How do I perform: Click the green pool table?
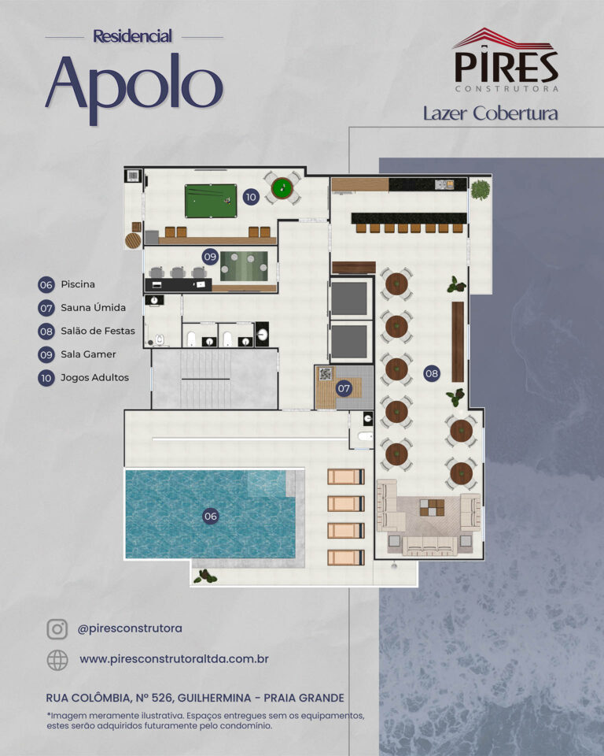click(211, 201)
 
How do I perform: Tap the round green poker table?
click(282, 187)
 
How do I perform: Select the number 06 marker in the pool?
click(211, 517)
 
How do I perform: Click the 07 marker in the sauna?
click(344, 388)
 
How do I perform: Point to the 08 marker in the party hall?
click(432, 372)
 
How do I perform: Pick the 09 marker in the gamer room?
click(210, 257)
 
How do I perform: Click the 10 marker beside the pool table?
click(251, 197)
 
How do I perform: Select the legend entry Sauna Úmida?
click(93, 308)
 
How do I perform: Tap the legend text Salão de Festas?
click(98, 331)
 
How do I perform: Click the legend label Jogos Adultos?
click(95, 377)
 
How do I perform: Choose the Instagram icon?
click(57, 629)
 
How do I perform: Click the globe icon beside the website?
click(57, 660)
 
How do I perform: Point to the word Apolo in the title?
click(134, 87)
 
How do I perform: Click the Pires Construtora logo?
click(506, 60)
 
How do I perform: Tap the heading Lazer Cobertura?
click(490, 113)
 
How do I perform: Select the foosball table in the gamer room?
click(245, 265)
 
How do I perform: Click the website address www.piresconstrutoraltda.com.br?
click(174, 659)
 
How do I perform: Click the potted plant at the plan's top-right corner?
click(481, 190)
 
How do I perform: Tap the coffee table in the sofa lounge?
click(432, 508)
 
